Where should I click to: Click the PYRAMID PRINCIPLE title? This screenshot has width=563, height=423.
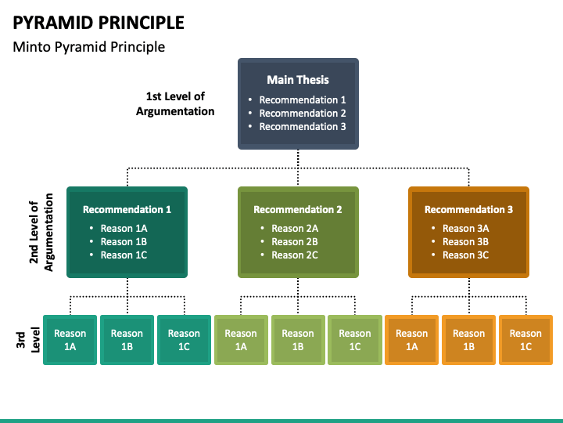tap(99, 23)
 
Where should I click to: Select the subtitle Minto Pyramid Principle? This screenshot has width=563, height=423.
tap(88, 47)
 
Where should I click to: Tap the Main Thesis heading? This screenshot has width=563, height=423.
tap(298, 79)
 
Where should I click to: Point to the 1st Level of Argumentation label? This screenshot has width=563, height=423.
tap(175, 104)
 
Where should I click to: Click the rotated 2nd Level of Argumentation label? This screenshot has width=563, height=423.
tap(41, 233)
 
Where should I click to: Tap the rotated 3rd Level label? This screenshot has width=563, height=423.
tap(27, 340)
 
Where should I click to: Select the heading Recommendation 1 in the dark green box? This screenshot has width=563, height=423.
tap(127, 209)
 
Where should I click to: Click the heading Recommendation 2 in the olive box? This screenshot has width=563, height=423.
tap(298, 209)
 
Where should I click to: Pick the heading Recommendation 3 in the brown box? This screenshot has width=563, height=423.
tap(468, 209)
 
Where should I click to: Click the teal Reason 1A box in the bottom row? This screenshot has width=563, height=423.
tap(70, 340)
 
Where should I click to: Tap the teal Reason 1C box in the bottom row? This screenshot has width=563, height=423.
tap(184, 340)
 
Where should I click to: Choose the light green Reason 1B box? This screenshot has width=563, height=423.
tap(298, 340)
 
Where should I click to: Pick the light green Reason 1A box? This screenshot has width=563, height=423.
tap(241, 340)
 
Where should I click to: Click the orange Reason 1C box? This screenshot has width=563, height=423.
tap(525, 340)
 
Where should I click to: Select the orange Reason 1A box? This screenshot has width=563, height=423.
tap(411, 340)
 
